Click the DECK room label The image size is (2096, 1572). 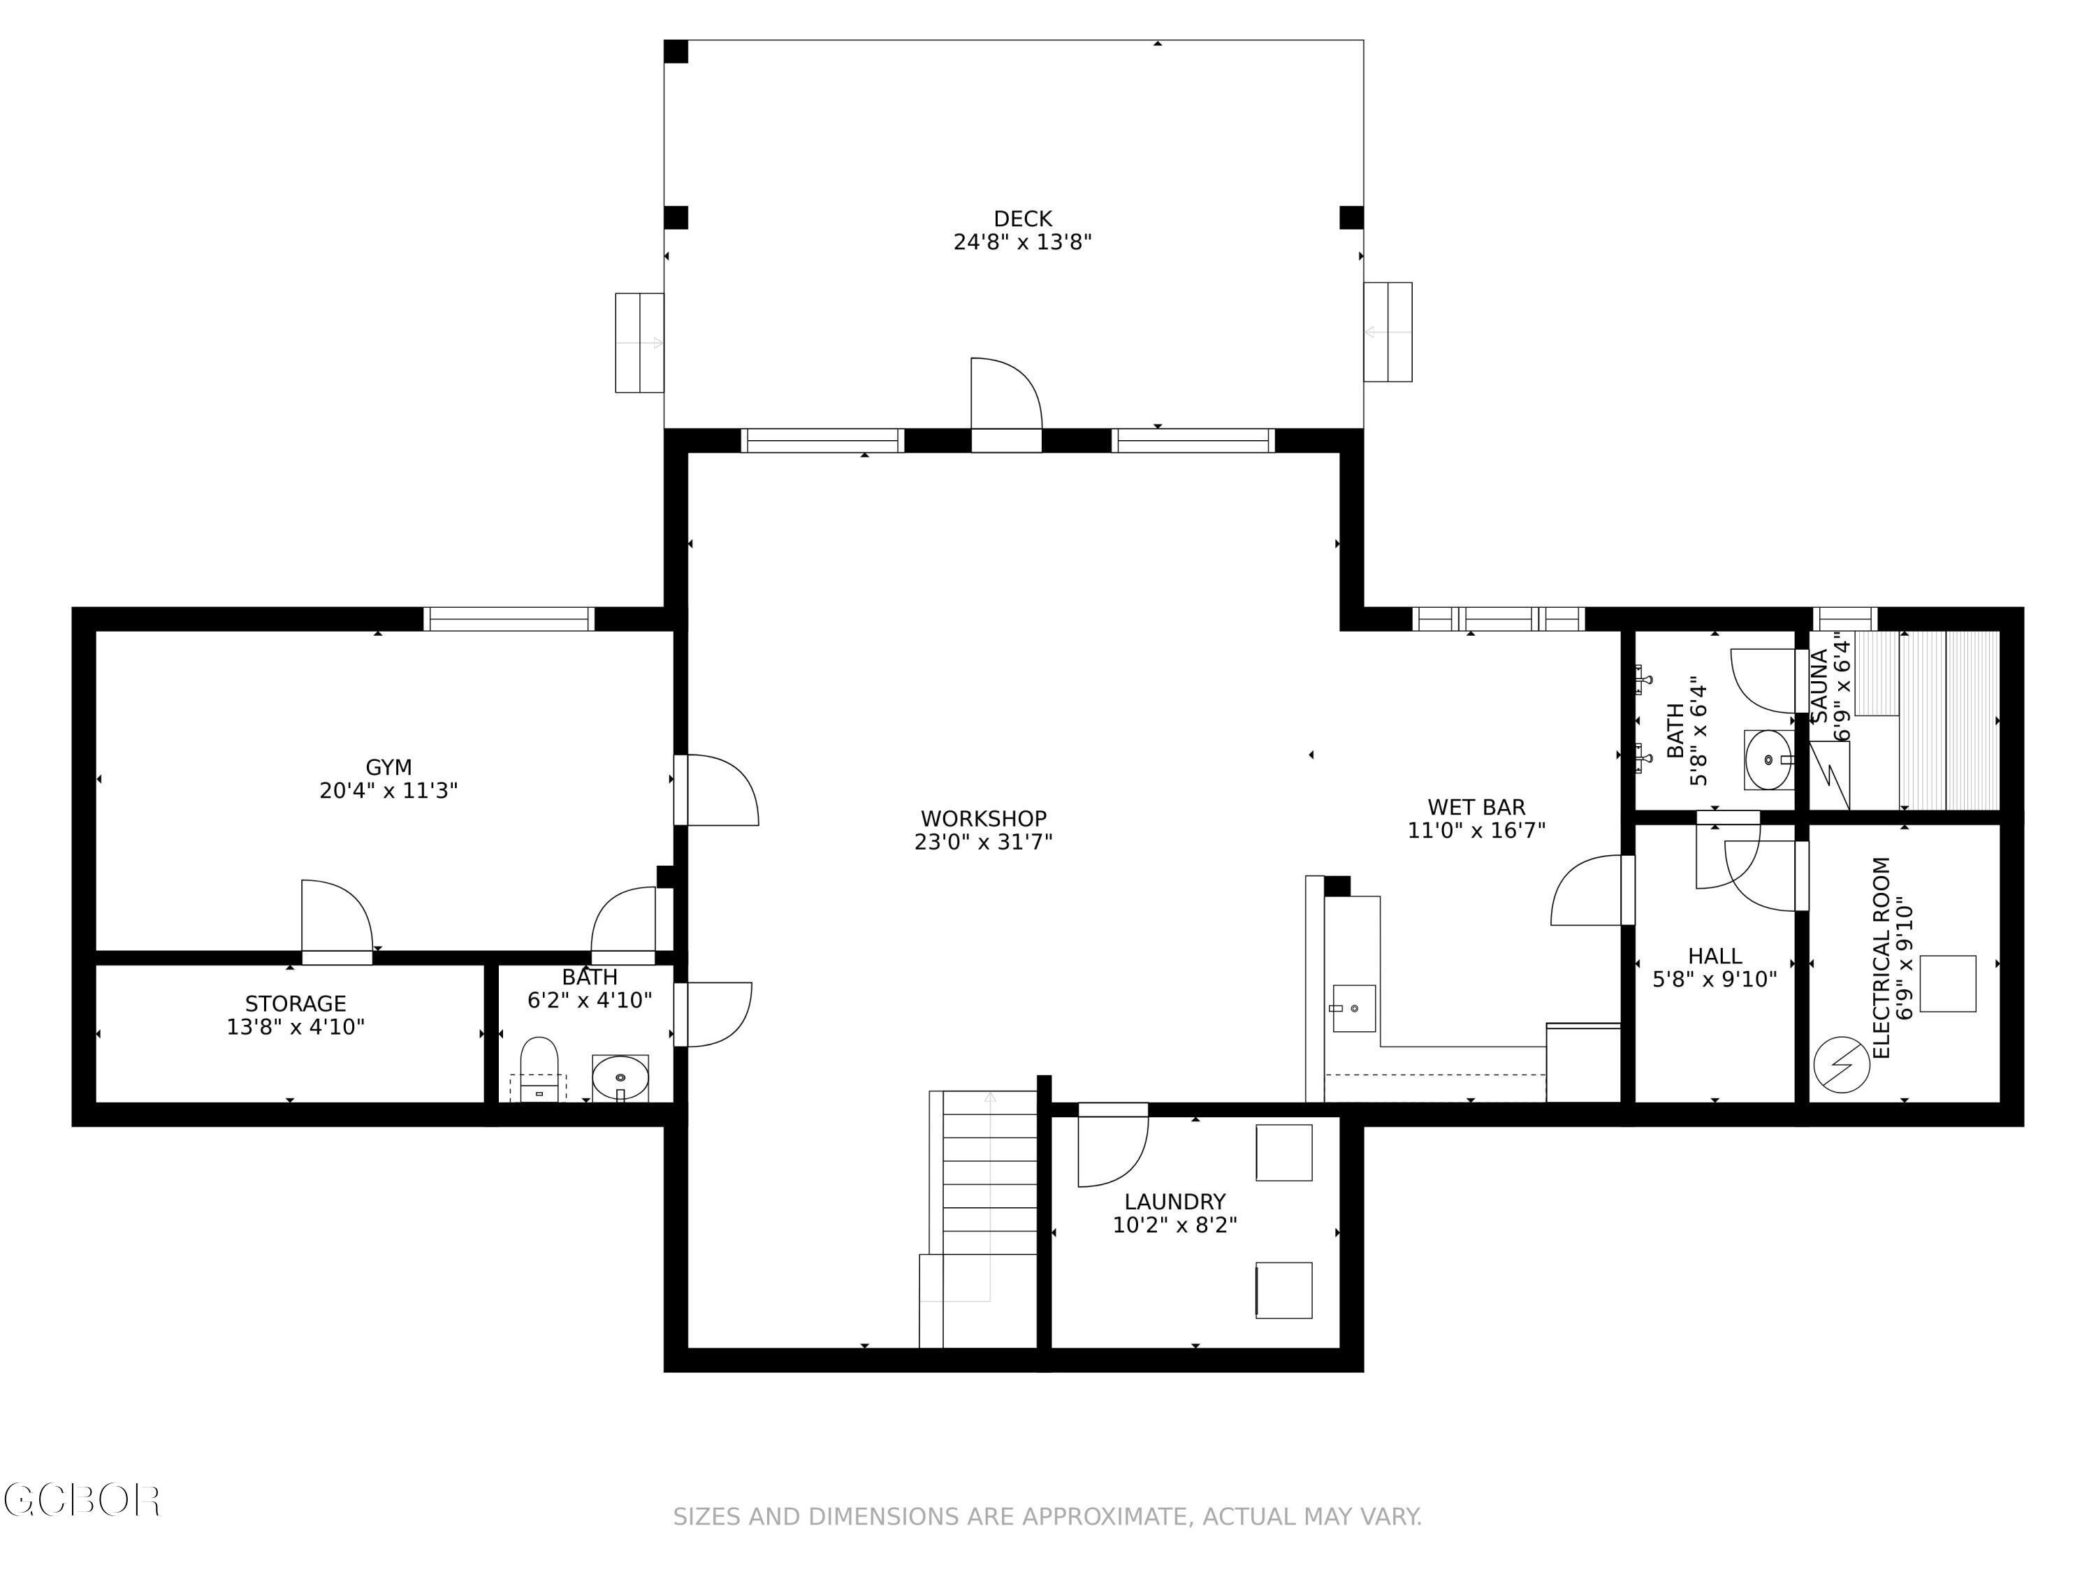coord(1022,219)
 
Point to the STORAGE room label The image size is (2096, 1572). coord(296,1003)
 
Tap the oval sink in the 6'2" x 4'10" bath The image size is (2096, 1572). coord(620,1077)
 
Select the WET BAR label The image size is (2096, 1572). coord(1476,808)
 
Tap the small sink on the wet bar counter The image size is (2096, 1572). coord(1353,1008)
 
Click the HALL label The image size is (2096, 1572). coord(1714,956)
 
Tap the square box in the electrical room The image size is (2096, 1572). coord(1947,984)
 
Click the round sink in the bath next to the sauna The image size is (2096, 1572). coord(1768,760)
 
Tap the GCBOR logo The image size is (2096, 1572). coord(82,1500)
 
